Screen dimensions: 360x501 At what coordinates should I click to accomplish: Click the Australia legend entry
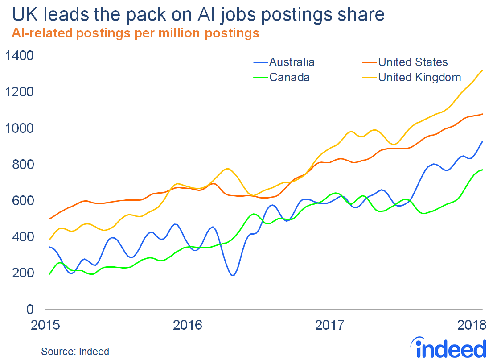tap(292, 62)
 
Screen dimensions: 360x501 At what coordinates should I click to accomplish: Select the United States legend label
tap(413, 62)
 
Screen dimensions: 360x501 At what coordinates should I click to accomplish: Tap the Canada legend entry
tap(289, 78)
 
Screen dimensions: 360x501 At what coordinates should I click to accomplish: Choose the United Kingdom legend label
tap(419, 78)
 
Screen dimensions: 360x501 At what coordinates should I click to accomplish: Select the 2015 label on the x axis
tap(46, 324)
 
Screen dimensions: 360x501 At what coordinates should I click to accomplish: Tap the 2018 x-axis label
tap(471, 324)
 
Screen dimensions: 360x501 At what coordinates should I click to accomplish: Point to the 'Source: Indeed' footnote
tap(75, 352)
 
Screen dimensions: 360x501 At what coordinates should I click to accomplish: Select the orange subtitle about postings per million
tap(136, 33)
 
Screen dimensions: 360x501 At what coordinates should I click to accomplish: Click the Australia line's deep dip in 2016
tap(232, 275)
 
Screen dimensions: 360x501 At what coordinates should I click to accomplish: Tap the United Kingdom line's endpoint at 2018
tap(482, 70)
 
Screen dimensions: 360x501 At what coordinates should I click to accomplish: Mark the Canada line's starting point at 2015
tap(49, 274)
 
